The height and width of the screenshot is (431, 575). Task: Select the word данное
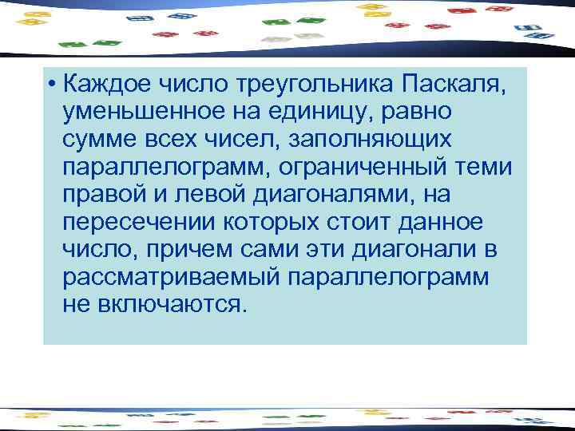pyautogui.click(x=449, y=223)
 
